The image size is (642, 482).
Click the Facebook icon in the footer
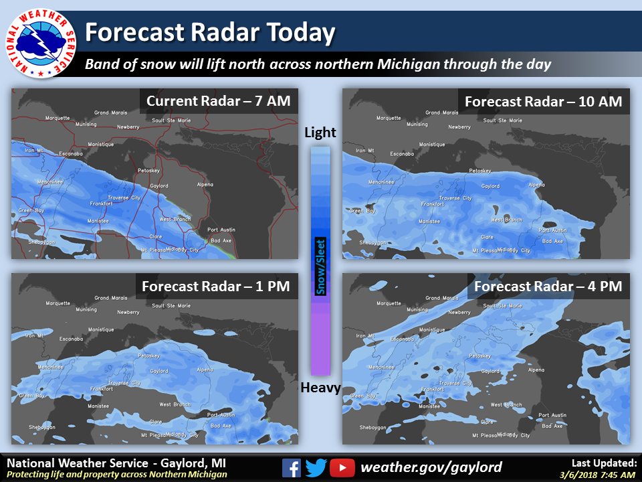click(x=292, y=467)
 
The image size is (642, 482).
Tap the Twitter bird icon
click(x=317, y=467)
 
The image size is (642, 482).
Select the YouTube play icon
click(x=342, y=467)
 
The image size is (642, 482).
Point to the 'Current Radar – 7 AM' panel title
click(x=218, y=101)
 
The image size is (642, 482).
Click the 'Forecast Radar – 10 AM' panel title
click(x=543, y=102)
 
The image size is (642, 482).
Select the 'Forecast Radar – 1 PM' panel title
click(x=215, y=287)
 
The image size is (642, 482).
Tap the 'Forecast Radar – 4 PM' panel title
click(x=548, y=287)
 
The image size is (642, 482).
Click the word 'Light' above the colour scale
click(x=320, y=133)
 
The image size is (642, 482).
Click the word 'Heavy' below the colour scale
click(x=320, y=388)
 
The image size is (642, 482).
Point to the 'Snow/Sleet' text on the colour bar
click(x=320, y=267)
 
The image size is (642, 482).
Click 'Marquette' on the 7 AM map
click(x=58, y=118)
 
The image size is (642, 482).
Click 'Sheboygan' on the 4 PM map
click(x=374, y=427)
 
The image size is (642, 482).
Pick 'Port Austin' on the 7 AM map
click(x=221, y=230)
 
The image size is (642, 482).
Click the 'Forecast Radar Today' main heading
click(x=210, y=32)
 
